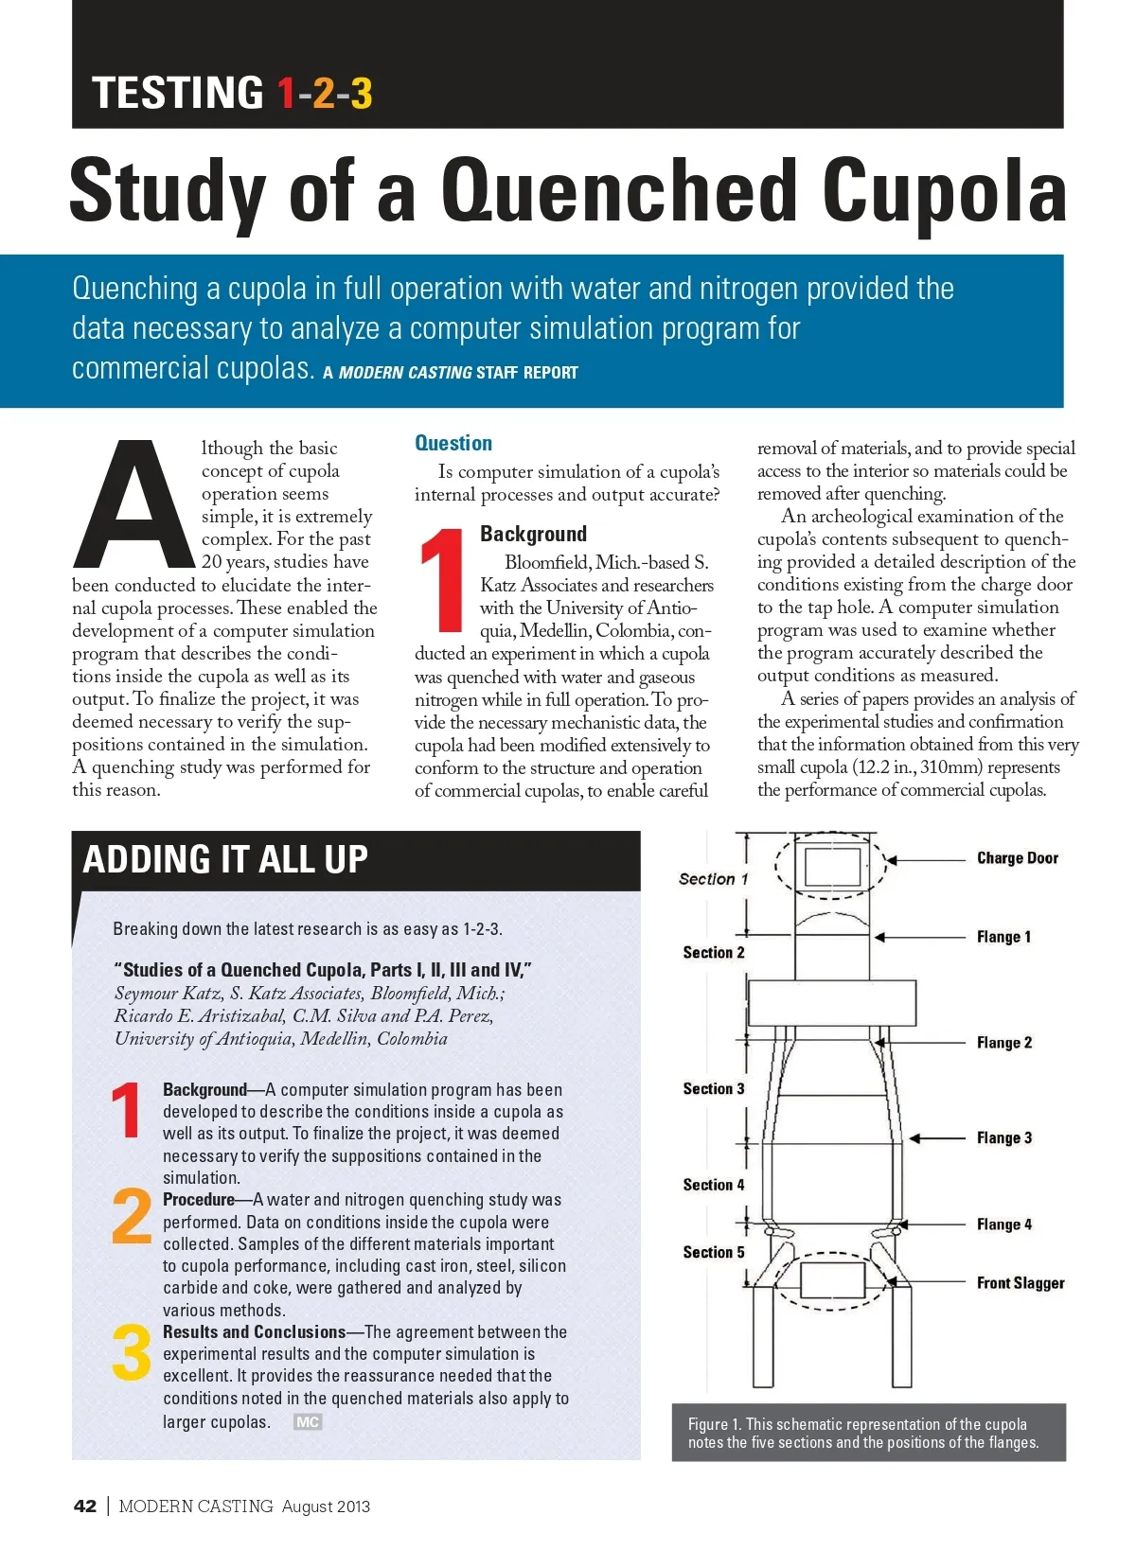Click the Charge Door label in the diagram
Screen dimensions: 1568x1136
(x=1017, y=858)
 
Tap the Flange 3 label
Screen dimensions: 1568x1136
(x=1003, y=1137)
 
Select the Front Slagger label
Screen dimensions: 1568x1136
(x=1020, y=1283)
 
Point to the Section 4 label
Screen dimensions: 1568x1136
(x=714, y=1185)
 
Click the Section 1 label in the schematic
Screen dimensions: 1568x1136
(x=713, y=879)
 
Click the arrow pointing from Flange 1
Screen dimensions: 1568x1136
(x=923, y=937)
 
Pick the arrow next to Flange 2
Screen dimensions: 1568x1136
(x=923, y=1042)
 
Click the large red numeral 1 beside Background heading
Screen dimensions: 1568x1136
(x=442, y=580)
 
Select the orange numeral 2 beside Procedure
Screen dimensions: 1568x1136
(x=131, y=1217)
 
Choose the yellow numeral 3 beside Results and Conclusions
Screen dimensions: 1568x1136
(x=131, y=1352)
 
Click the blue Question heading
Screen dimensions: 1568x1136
(x=453, y=443)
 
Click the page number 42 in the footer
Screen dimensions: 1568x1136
(x=85, y=1506)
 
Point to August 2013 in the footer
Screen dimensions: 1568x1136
(x=326, y=1506)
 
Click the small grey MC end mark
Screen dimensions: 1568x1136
(x=308, y=1421)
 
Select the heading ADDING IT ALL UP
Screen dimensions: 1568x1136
(x=225, y=859)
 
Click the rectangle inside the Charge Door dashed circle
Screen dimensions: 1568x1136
(x=832, y=866)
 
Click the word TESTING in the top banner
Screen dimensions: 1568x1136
(x=178, y=93)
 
